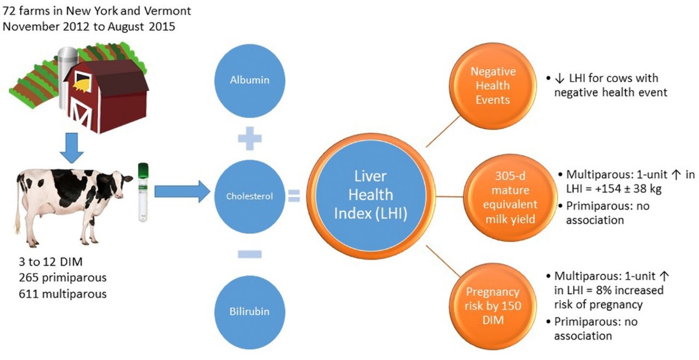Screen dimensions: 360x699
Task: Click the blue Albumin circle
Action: (x=249, y=80)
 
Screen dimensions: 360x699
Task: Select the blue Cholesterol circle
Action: (x=250, y=196)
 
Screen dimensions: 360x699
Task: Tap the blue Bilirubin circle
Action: (x=250, y=311)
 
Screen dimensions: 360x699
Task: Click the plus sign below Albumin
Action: (x=250, y=139)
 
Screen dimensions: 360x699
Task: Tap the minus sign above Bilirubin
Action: (x=250, y=254)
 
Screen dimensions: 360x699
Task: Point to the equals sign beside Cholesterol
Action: (x=294, y=196)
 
